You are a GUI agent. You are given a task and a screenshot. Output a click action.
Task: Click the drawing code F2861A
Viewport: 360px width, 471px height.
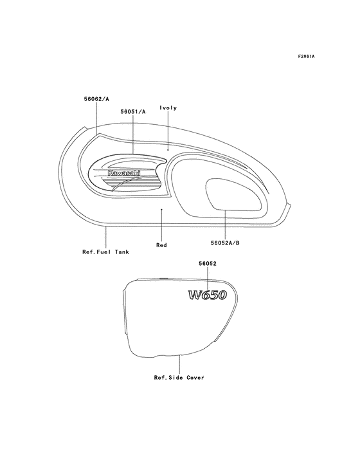[306, 56]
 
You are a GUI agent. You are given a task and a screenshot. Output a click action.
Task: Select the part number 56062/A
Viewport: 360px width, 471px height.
[96, 98]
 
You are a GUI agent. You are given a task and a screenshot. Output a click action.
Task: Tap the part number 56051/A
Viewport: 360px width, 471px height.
[133, 112]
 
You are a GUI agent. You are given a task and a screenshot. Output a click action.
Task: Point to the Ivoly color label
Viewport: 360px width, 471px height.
[168, 108]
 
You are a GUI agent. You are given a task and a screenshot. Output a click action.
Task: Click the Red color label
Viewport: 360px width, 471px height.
[161, 245]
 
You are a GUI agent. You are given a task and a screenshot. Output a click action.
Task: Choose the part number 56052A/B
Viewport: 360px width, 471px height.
[225, 243]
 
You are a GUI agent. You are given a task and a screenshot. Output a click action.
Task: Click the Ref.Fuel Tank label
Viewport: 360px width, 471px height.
[105, 252]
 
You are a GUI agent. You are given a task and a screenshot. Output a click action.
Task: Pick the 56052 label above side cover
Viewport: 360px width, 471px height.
[207, 263]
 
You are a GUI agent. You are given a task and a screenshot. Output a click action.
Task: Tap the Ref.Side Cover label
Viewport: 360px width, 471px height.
[179, 377]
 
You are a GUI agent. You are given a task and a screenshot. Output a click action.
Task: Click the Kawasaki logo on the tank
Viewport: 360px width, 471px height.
[123, 173]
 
